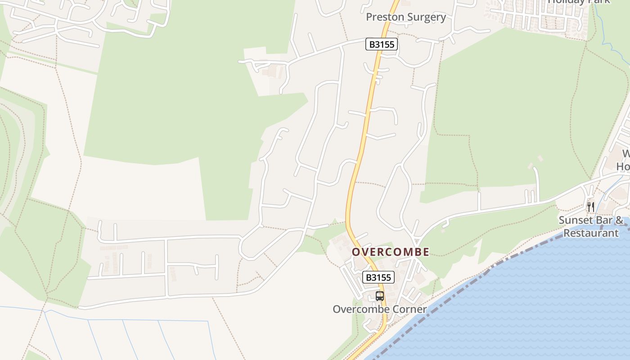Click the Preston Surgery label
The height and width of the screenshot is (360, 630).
click(x=406, y=17)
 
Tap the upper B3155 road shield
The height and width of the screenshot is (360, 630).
click(x=382, y=44)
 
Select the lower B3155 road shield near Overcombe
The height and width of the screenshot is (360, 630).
click(x=378, y=277)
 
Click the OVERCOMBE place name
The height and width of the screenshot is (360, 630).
click(x=390, y=252)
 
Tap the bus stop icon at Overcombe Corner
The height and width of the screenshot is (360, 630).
click(x=380, y=296)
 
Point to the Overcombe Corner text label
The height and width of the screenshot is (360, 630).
click(x=379, y=309)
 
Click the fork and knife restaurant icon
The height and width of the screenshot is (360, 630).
click(x=591, y=207)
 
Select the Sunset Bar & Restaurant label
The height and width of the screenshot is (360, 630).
click(x=591, y=227)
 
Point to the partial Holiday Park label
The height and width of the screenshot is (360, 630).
click(x=579, y=2)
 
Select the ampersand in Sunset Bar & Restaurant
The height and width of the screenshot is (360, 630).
click(x=619, y=220)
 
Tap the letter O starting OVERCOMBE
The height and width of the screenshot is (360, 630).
click(x=355, y=252)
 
